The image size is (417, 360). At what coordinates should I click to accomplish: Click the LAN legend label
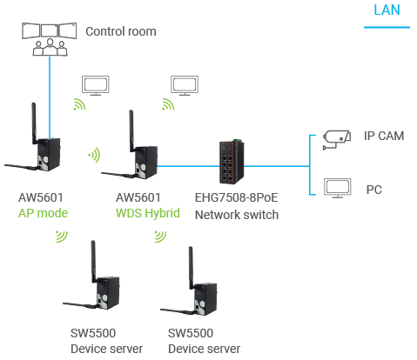click(387, 10)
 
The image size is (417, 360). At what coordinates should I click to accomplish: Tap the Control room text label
click(121, 31)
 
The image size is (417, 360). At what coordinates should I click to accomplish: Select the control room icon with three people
click(50, 39)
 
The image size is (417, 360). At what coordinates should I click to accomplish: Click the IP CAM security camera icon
click(336, 140)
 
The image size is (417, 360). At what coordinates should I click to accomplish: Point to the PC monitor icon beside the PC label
click(338, 188)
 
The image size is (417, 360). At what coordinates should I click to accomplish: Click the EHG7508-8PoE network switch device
click(232, 162)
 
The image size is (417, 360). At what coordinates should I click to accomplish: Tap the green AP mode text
click(43, 213)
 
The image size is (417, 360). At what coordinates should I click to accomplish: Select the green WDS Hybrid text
click(148, 213)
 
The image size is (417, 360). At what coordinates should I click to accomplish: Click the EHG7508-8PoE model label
click(236, 197)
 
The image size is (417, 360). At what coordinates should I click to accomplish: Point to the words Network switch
click(237, 215)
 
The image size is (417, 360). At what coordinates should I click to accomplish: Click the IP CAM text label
click(384, 136)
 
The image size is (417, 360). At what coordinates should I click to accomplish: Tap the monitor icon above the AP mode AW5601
click(96, 85)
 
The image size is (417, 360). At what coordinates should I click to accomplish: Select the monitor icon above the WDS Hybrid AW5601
click(185, 85)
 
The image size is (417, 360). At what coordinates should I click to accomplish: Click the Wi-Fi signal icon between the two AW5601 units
click(95, 155)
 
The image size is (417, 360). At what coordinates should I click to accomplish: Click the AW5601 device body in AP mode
click(49, 154)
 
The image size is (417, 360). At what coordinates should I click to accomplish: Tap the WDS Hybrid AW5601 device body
click(146, 162)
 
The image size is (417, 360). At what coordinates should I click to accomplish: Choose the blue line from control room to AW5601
click(50, 97)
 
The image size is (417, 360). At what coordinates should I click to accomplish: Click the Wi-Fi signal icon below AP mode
click(62, 237)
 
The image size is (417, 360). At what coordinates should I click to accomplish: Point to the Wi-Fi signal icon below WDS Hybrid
click(161, 237)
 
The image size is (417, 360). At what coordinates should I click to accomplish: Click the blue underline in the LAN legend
click(387, 27)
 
